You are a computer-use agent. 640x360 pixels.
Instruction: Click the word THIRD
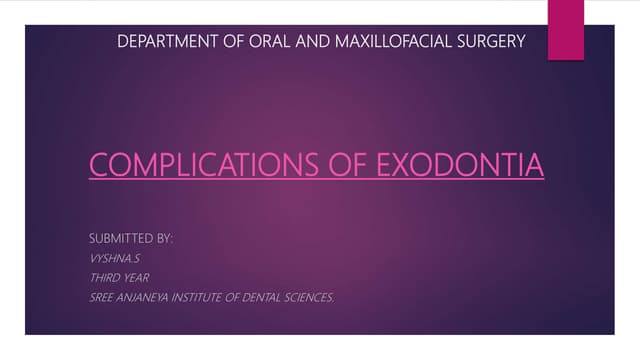pyautogui.click(x=105, y=277)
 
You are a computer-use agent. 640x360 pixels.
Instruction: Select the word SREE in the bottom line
pyautogui.click(x=102, y=296)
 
